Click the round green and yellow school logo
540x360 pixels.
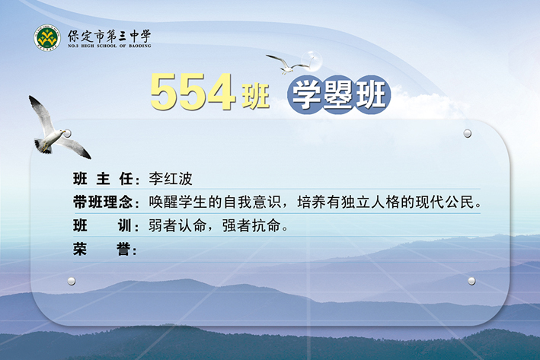[47, 37]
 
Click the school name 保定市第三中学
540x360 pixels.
[109, 36]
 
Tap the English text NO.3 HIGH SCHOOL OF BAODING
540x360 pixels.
[109, 46]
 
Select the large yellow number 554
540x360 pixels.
[193, 92]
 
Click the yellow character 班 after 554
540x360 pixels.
[255, 96]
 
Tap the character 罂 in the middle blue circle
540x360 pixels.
[338, 94]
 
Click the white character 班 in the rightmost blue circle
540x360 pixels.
[371, 94]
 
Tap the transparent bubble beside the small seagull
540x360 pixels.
[312, 61]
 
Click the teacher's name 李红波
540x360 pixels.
[171, 179]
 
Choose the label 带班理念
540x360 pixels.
[103, 202]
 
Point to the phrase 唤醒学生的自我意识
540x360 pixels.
[215, 202]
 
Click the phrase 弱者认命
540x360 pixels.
[177, 226]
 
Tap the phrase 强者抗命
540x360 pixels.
[251, 226]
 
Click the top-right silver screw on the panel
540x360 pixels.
[468, 133]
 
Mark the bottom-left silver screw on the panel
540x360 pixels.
[72, 281]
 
